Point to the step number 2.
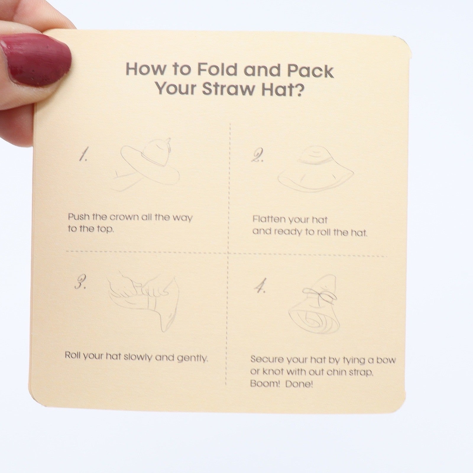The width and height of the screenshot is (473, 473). (257, 156)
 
